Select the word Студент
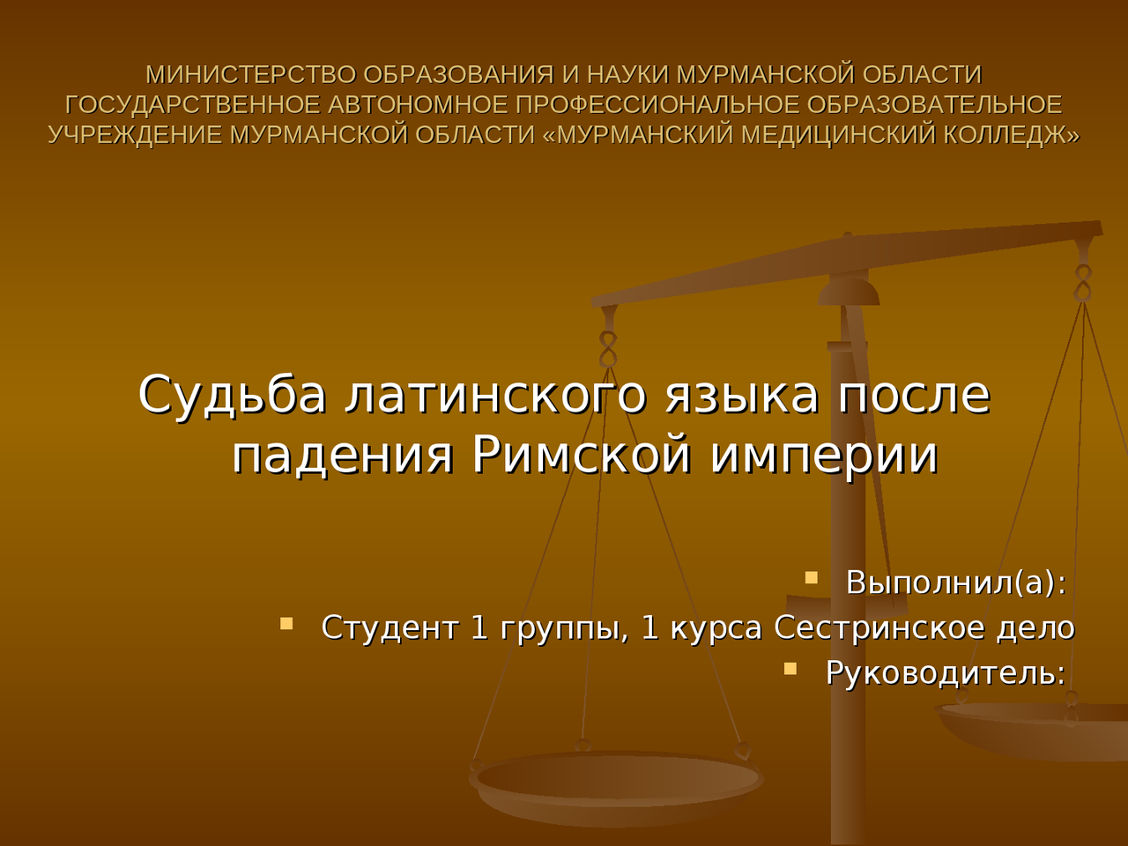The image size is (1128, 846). coord(390,627)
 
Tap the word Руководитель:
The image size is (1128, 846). coord(946,673)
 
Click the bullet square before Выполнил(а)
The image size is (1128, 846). coord(812,578)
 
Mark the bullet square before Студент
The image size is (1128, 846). coord(286,623)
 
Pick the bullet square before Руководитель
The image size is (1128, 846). coord(790,669)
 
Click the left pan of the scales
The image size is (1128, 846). coord(617,780)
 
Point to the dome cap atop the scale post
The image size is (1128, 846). coord(848,291)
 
